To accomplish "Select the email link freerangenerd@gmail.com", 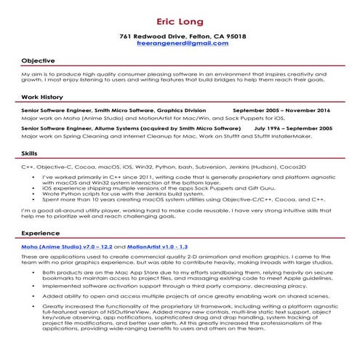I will (183, 44).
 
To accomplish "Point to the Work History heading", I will (42, 97).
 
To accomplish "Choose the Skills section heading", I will (30, 154).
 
